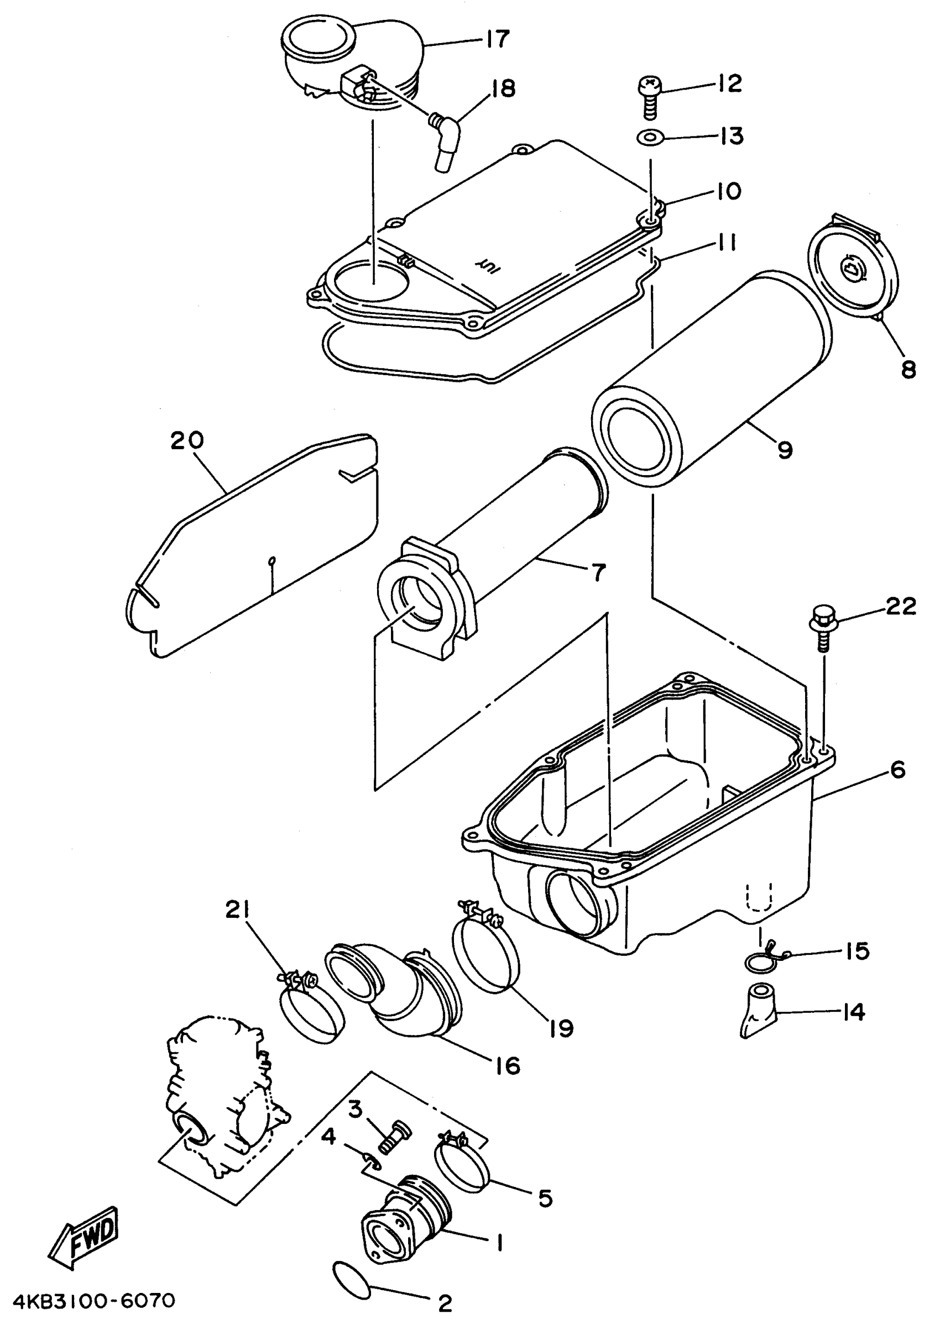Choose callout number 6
coord(897,770)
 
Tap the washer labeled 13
coord(650,139)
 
